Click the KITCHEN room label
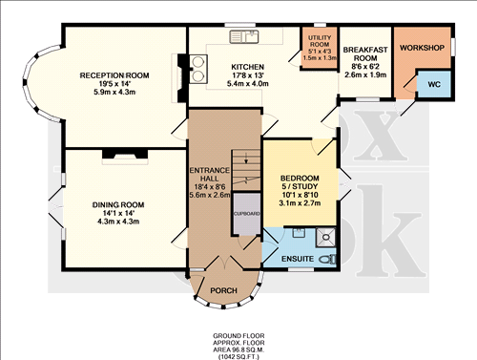pyautogui.click(x=246, y=67)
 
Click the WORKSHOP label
pyautogui.click(x=424, y=47)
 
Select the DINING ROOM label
pyautogui.click(x=117, y=203)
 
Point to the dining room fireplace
pyautogui.click(x=125, y=150)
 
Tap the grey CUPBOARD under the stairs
pyautogui.click(x=245, y=214)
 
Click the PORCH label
pyautogui.click(x=223, y=290)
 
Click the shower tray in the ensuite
pyautogui.click(x=325, y=234)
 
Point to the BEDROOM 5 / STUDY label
pyautogui.click(x=299, y=183)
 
